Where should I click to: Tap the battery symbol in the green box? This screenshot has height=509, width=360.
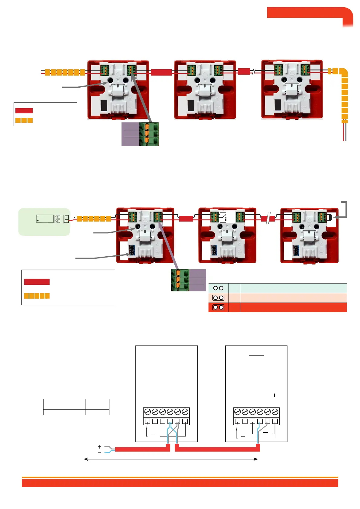click(x=45, y=219)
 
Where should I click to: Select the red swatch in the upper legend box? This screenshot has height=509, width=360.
click(x=24, y=111)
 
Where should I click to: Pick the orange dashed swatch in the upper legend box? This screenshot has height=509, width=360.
click(x=24, y=120)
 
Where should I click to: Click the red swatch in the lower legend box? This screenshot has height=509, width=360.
click(x=37, y=282)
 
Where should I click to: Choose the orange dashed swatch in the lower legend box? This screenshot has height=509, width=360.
click(x=37, y=296)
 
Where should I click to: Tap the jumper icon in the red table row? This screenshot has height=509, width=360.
click(x=218, y=307)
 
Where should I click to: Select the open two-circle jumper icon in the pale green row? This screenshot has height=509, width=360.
click(x=218, y=288)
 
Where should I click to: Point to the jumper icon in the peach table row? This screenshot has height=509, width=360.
click(x=218, y=298)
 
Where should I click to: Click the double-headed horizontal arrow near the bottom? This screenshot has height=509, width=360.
click(x=171, y=459)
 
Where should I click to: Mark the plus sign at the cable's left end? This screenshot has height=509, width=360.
click(x=99, y=446)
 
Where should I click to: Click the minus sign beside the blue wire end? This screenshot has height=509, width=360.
click(x=99, y=452)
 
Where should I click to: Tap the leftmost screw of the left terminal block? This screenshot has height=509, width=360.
click(x=148, y=412)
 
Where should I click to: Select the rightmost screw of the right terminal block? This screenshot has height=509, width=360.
click(x=275, y=412)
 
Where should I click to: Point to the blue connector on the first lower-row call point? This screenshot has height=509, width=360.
click(x=132, y=250)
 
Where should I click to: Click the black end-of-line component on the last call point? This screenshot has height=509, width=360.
click(x=331, y=217)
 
